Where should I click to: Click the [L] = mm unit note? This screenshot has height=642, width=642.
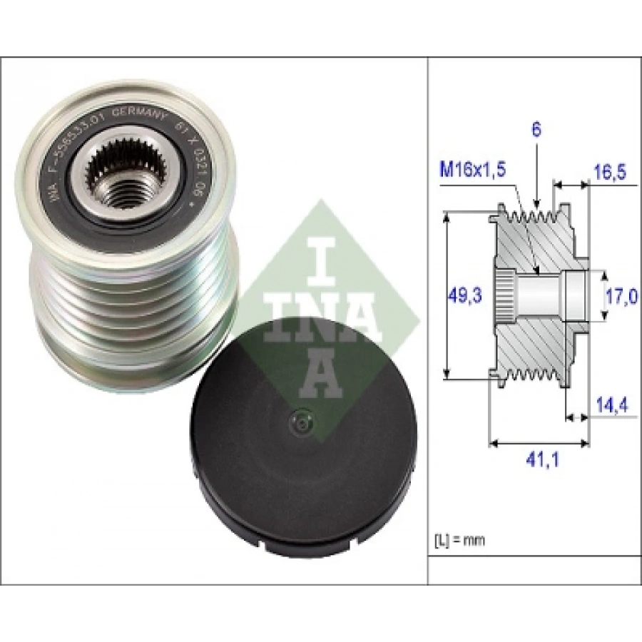[x=459, y=540]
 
